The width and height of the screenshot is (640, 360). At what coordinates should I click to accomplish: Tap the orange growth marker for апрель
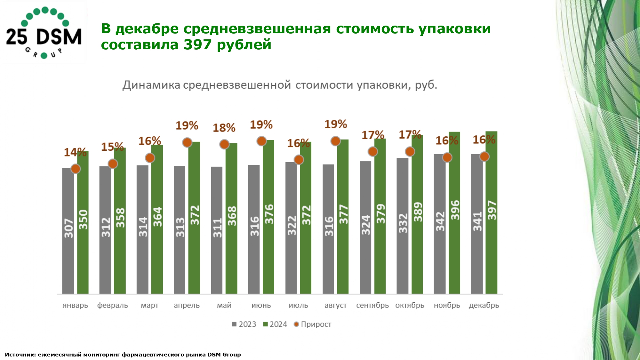[x=187, y=142]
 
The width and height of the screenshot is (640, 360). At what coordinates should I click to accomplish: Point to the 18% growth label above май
[x=224, y=128]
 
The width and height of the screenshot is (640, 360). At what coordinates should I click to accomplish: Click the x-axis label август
[x=335, y=305]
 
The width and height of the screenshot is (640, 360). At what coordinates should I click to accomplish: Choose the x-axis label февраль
[x=113, y=305]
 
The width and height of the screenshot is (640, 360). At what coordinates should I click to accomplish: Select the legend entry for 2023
[x=244, y=324]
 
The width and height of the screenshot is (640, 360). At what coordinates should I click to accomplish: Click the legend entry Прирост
[x=313, y=324]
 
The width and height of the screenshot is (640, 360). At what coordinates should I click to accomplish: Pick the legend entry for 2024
[x=275, y=324]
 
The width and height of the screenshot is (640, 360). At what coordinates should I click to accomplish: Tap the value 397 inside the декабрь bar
[x=492, y=210]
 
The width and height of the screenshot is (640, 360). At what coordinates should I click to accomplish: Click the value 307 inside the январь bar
[x=68, y=228]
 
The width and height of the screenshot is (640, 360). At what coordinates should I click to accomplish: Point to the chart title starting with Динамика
[x=280, y=85]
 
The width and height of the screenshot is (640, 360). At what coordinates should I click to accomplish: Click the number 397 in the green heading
[x=197, y=45]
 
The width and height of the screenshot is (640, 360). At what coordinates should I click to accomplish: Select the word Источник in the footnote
[x=20, y=355]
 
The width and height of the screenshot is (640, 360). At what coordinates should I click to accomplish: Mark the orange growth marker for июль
[x=299, y=160]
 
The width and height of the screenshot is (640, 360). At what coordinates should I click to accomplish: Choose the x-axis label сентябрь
[x=372, y=305]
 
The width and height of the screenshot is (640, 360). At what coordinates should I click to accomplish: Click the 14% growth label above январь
[x=75, y=152]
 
